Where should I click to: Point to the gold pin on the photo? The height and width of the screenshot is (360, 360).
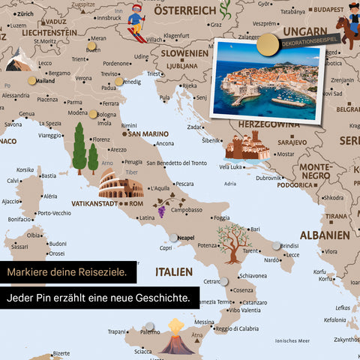[265, 46]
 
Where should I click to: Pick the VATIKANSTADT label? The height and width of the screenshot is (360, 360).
[94, 203]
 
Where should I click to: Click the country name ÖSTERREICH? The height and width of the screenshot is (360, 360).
[184, 10]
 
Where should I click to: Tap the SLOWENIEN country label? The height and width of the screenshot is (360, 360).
[183, 53]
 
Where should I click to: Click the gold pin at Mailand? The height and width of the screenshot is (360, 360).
[31, 79]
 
